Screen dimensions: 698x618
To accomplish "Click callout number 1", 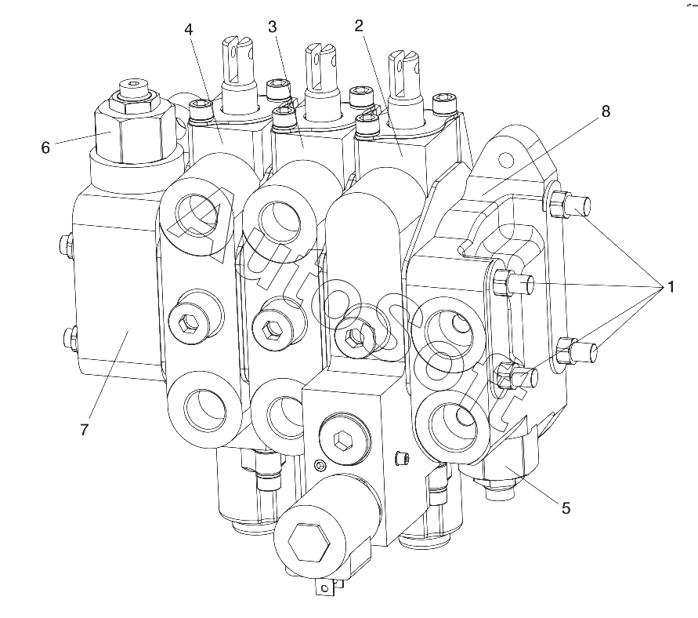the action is tap(670, 287).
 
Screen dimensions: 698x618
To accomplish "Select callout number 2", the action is tap(359, 26).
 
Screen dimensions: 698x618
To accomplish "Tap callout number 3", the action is tap(272, 27).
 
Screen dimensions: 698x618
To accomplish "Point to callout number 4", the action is tap(189, 29).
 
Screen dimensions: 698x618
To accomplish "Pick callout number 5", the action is tap(566, 507).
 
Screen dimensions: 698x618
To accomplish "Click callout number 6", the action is tap(45, 147).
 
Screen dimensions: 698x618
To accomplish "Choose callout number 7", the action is tap(85, 430).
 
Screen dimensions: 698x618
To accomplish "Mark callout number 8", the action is tap(606, 111).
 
